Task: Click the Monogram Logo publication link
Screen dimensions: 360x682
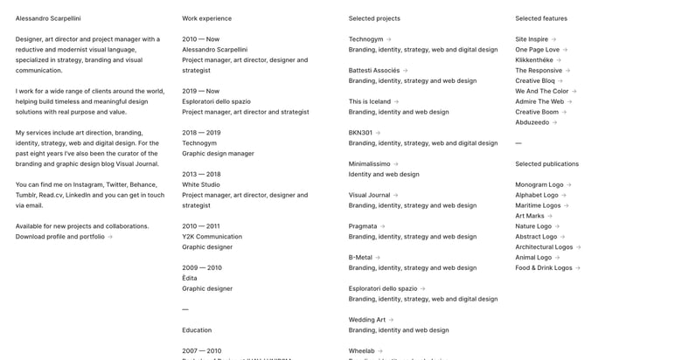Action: click(539, 185)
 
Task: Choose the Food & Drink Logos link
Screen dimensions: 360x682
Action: click(544, 268)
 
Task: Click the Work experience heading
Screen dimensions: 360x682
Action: click(207, 18)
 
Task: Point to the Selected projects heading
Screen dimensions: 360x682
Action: click(374, 18)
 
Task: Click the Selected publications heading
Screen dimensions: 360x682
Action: click(546, 164)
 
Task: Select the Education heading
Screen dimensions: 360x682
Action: click(197, 330)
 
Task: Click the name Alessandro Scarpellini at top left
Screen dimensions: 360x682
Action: click(48, 18)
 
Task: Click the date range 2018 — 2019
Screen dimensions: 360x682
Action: click(201, 133)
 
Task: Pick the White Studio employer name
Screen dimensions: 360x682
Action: click(201, 184)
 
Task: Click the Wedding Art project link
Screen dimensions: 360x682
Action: click(367, 320)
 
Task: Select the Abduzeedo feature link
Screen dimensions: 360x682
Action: click(532, 122)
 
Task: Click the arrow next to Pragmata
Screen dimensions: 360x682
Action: click(383, 226)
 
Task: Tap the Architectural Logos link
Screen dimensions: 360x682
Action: click(544, 247)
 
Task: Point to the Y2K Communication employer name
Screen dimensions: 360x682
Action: click(212, 237)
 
